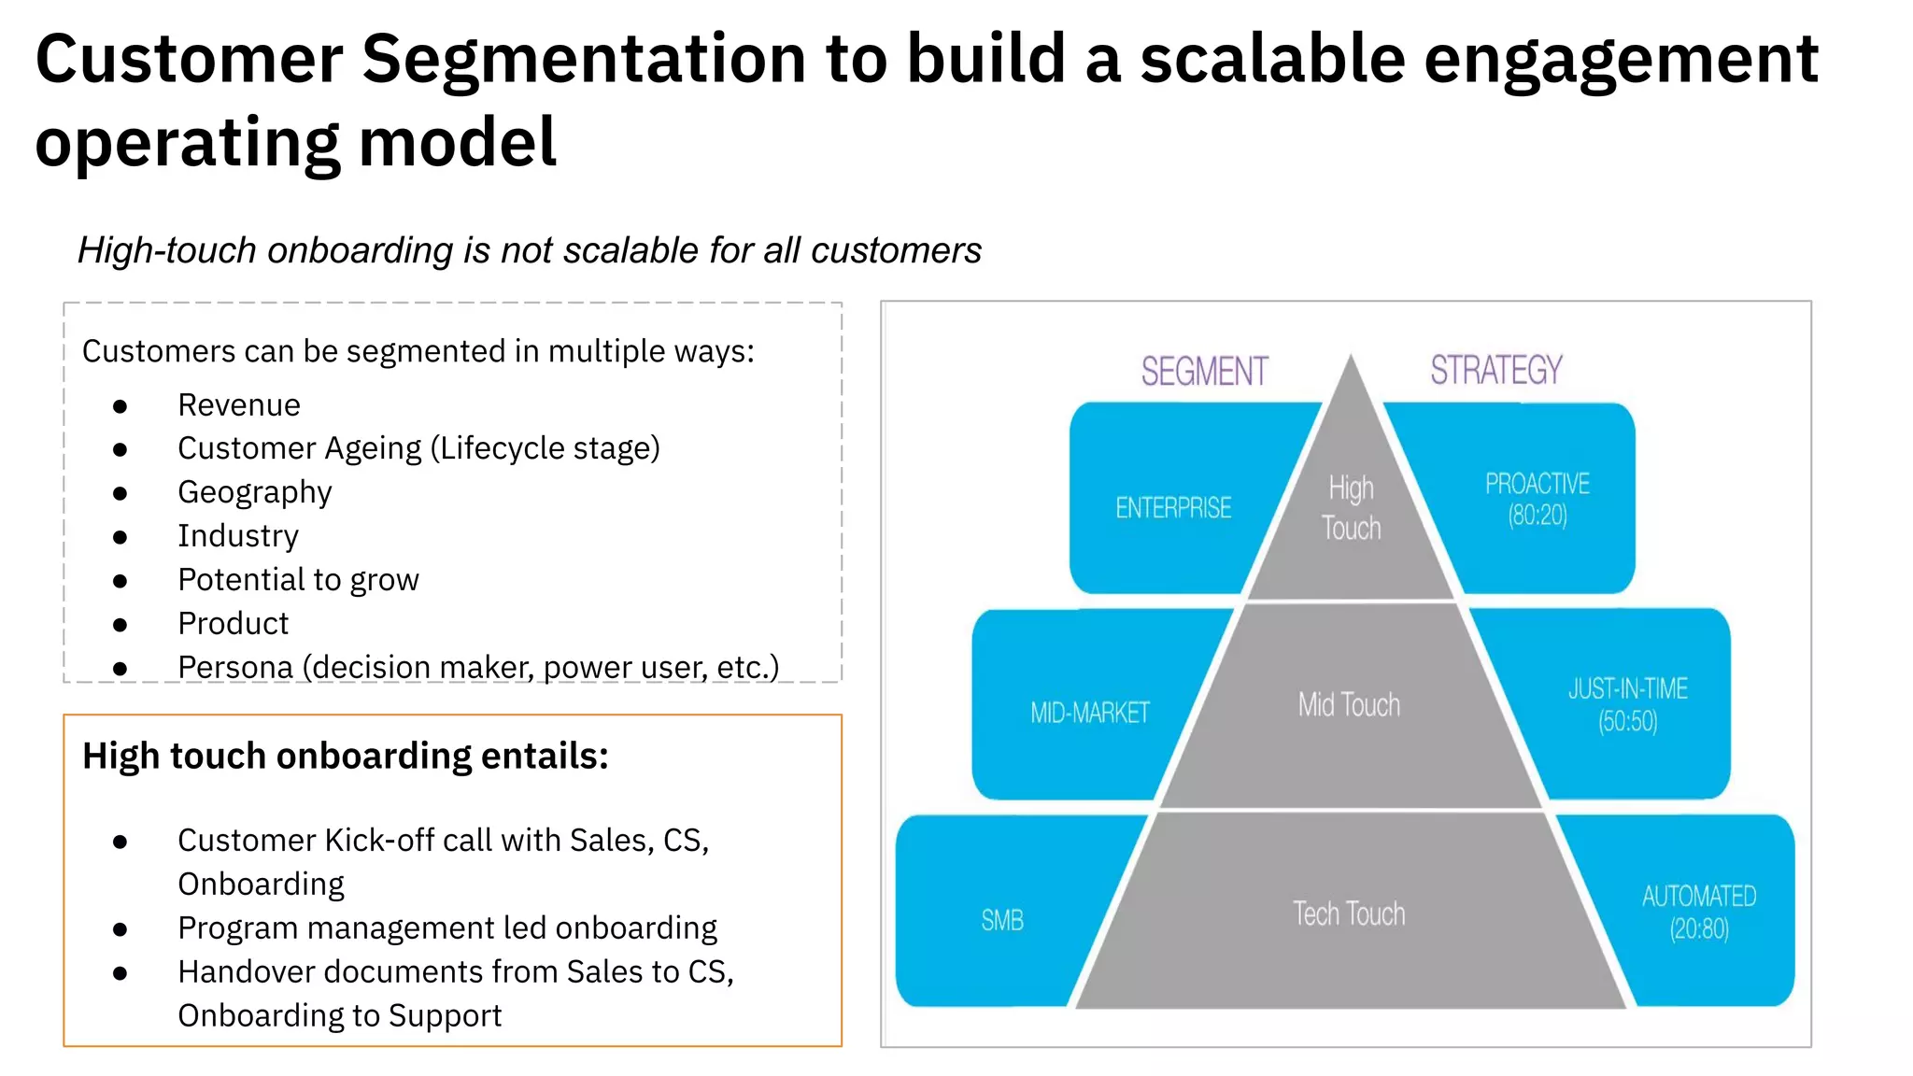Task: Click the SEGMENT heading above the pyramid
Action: (x=1204, y=372)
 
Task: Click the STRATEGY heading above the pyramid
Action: (x=1495, y=371)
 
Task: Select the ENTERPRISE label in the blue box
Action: (x=1173, y=508)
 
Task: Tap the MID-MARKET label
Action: (x=1089, y=714)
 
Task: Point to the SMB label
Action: (x=1002, y=921)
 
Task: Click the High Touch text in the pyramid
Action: (x=1351, y=508)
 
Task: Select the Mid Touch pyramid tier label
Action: (x=1349, y=705)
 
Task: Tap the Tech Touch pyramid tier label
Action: (x=1349, y=913)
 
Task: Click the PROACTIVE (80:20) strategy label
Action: (x=1537, y=499)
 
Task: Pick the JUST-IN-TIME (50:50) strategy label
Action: (x=1628, y=705)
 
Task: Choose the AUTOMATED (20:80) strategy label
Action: (x=1699, y=912)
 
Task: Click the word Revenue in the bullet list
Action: (x=239, y=405)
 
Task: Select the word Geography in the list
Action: (x=255, y=492)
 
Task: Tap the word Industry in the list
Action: (x=238, y=536)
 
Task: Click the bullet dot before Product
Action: (x=120, y=624)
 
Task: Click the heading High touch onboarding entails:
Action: (x=346, y=756)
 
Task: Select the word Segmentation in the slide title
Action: (x=584, y=60)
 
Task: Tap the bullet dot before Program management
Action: (x=120, y=929)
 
